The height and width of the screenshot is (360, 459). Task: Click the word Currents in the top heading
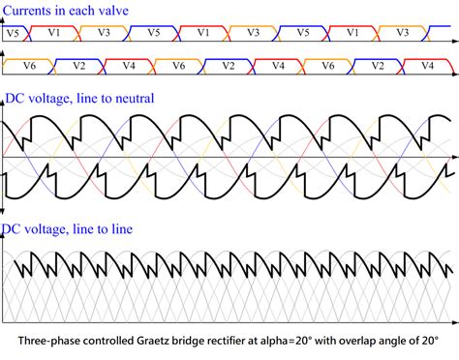click(30, 12)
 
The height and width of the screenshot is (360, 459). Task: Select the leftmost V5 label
click(11, 32)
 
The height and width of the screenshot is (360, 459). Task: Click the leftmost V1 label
click(53, 32)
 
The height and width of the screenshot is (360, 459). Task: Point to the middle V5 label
click(153, 32)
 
